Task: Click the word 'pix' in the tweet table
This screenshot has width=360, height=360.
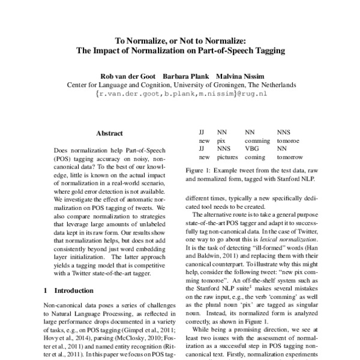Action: click(x=222, y=139)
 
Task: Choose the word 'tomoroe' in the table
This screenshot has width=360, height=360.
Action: click(x=288, y=139)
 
